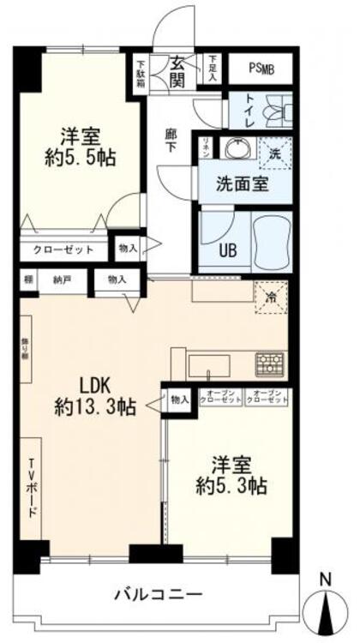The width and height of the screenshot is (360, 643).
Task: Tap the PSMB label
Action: [261, 68]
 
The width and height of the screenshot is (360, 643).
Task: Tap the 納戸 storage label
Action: [59, 280]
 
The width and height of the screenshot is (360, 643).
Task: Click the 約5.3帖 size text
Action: [231, 486]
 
